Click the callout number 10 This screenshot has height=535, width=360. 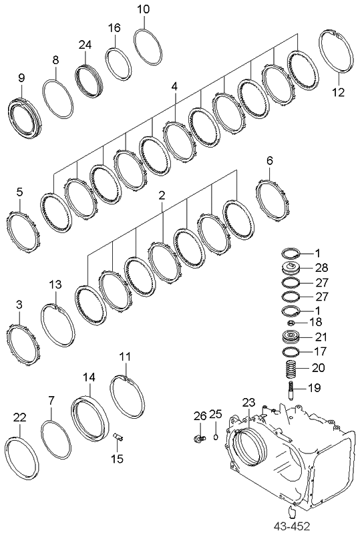[144, 9]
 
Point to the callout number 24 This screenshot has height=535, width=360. [84, 45]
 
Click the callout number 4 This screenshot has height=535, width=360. [174, 86]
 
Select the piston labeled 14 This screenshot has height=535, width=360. [90, 417]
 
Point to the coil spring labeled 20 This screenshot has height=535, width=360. [290, 368]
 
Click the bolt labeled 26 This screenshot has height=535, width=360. [198, 438]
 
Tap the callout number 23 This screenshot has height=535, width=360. [248, 402]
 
